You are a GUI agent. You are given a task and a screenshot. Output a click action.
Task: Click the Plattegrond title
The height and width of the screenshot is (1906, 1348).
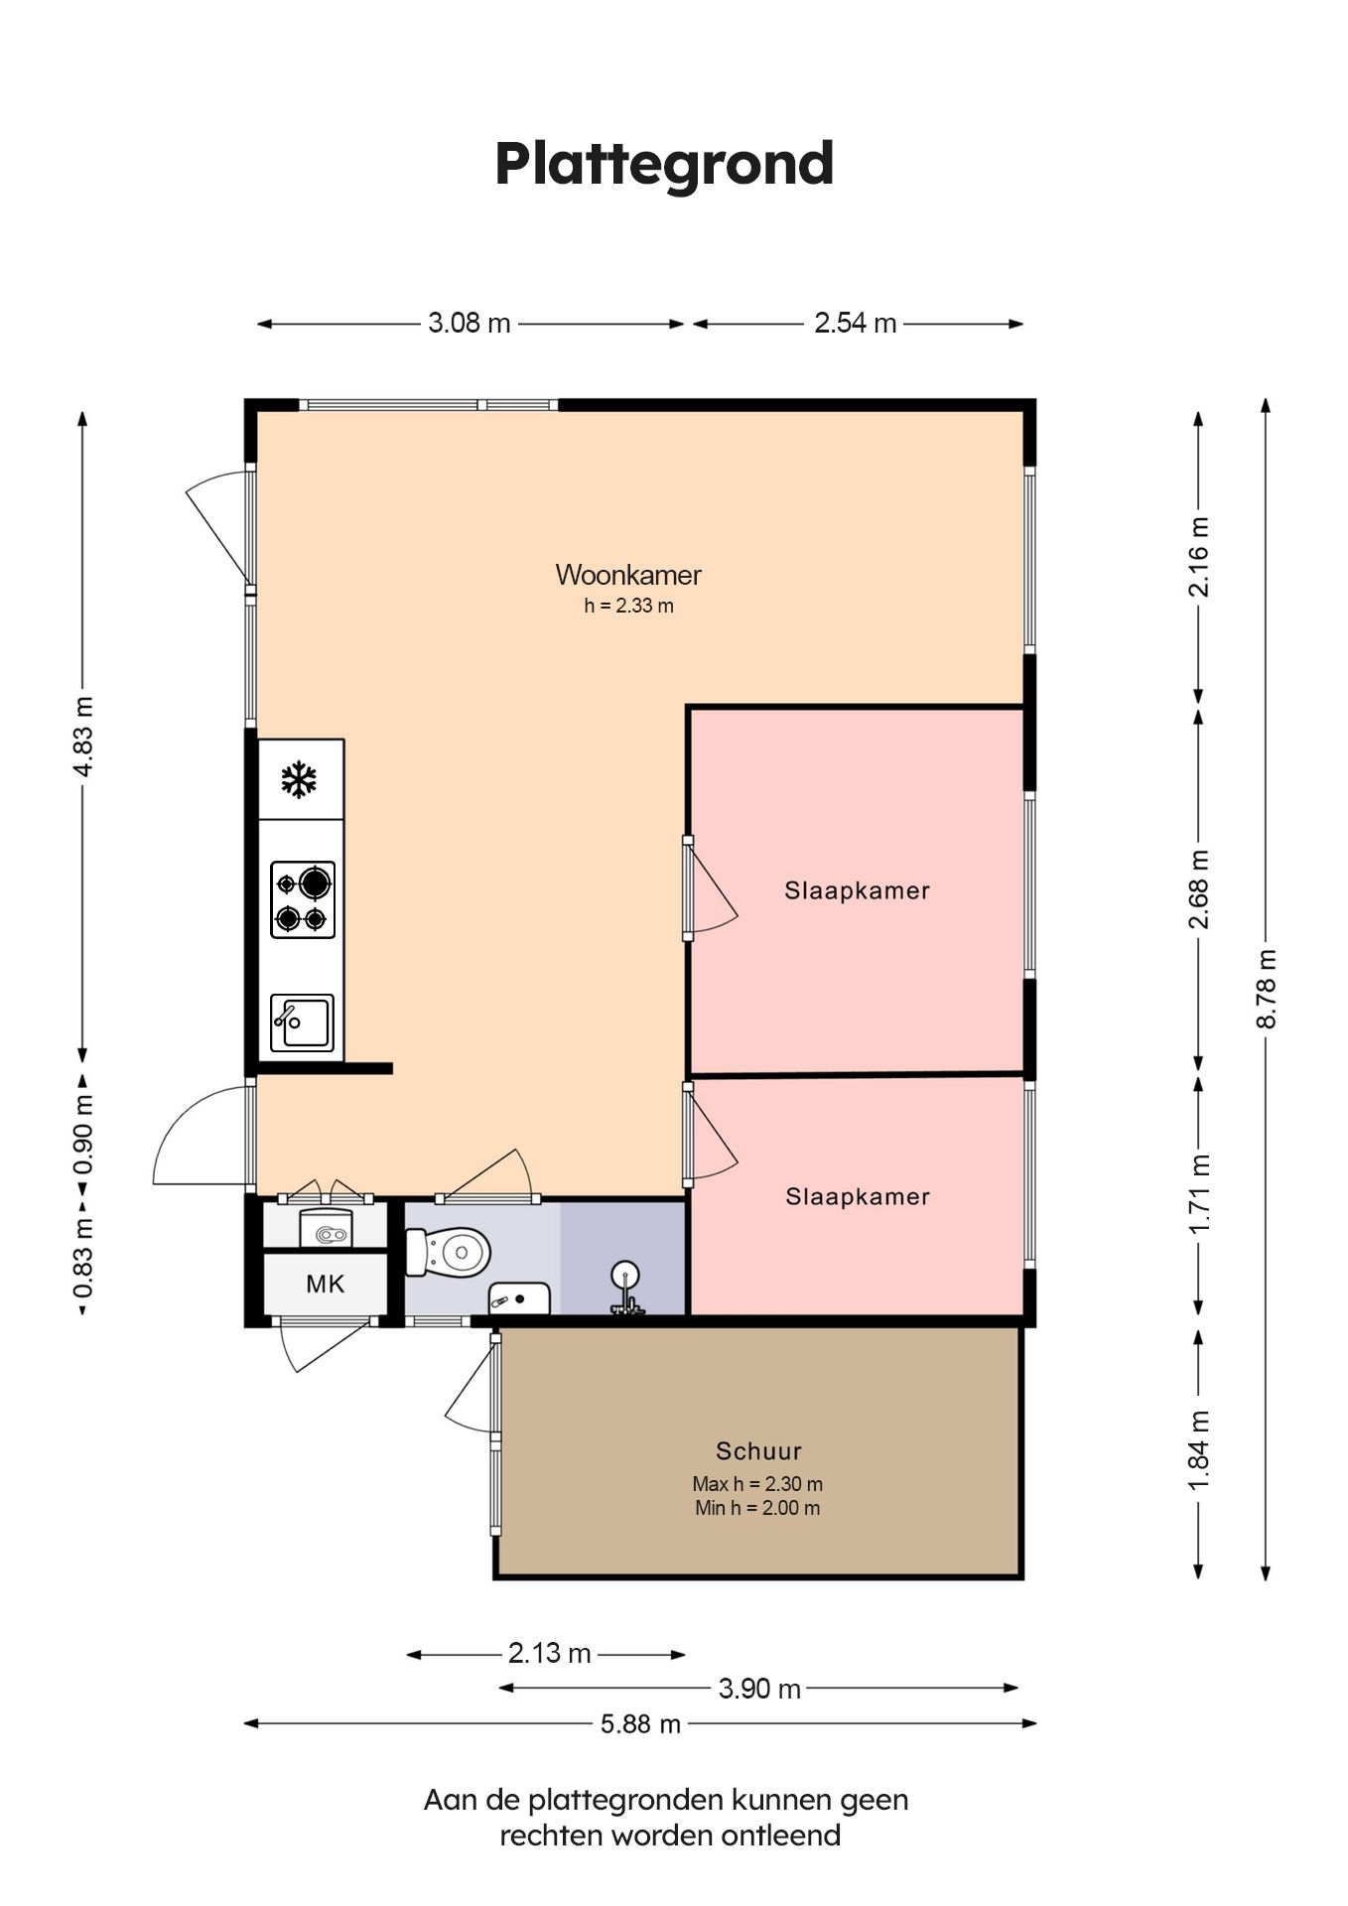click(664, 164)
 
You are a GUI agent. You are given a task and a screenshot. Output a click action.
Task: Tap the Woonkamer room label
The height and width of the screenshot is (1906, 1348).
click(628, 575)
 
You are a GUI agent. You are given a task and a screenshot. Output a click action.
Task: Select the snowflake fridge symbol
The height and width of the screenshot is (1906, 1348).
click(299, 780)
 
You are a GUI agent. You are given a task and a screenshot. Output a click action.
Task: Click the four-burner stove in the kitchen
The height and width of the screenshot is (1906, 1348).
click(303, 899)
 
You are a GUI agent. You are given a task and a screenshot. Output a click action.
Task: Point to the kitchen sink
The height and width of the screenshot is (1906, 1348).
click(302, 1022)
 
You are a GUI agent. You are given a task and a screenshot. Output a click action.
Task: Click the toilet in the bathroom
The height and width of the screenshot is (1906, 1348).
click(449, 1252)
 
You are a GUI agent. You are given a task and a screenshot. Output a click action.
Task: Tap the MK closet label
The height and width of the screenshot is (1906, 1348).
click(325, 1285)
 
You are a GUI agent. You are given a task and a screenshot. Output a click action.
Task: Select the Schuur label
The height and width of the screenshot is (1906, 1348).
click(758, 1451)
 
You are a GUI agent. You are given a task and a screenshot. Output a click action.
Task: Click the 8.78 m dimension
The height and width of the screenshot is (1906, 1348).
click(1266, 989)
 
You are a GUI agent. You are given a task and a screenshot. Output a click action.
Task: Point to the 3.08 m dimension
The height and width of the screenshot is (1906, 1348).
click(470, 323)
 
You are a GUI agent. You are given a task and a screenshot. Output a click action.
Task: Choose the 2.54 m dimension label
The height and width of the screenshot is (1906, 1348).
click(856, 323)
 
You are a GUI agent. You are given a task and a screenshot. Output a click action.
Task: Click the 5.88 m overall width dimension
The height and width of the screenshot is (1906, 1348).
click(640, 1724)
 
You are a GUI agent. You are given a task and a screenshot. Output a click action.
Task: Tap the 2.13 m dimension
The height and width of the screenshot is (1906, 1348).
click(549, 1653)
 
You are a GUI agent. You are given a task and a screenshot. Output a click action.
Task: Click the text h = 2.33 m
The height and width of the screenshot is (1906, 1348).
click(628, 606)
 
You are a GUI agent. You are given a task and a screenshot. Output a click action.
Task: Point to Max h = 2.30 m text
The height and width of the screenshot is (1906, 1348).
click(757, 1484)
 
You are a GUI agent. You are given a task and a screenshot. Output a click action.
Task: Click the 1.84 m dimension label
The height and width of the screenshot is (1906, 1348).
click(1199, 1449)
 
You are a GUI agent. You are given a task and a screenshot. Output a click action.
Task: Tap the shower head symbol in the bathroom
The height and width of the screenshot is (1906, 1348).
click(625, 1288)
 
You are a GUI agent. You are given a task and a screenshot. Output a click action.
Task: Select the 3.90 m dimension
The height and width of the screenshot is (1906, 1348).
click(759, 1689)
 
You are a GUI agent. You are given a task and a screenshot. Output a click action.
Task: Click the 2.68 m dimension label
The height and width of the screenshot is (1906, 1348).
click(1199, 889)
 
